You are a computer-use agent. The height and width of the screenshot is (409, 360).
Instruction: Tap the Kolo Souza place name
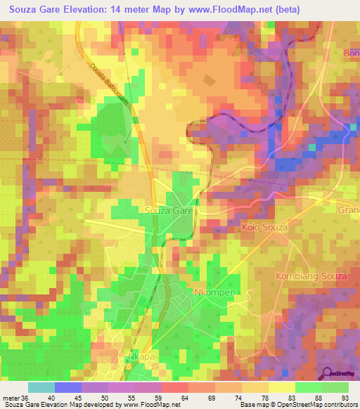pyautogui.click(x=265, y=228)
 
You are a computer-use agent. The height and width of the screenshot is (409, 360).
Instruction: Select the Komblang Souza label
pyautogui.click(x=311, y=276)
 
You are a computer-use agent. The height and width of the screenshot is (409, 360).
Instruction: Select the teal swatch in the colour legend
pyautogui.click(x=41, y=388)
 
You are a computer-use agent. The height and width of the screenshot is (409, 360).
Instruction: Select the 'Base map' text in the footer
pyautogui.click(x=252, y=405)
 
